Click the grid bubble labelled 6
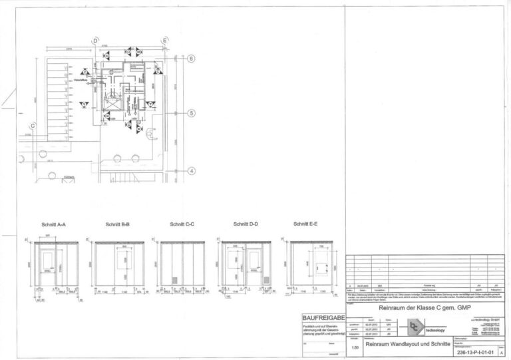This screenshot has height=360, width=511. pyautogui.click(x=190, y=59)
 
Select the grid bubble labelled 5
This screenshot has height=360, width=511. pyautogui.click(x=190, y=113)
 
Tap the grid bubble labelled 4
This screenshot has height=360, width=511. pyautogui.click(x=190, y=171)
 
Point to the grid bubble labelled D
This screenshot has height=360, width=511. pyautogui.click(x=96, y=41)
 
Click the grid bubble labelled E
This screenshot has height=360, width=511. pyautogui.click(x=165, y=41)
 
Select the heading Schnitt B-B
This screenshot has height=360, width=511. pyautogui.click(x=117, y=225)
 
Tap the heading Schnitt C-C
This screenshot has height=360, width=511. pyautogui.click(x=181, y=225)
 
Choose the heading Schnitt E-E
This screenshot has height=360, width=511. pyautogui.click(x=305, y=225)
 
